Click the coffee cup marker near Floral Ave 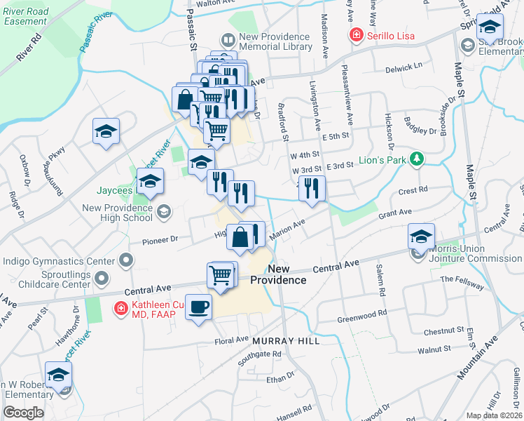pos(198,307)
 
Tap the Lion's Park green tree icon pos(417,159)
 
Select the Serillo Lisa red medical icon pos(356,34)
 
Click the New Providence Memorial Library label pos(275,41)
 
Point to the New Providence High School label pos(117,213)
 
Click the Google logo pos(23,413)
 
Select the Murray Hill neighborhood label pos(286,341)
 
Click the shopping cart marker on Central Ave pos(221,274)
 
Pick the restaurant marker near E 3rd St pos(311,187)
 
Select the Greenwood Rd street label pos(363,314)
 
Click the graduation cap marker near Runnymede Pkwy pos(106,131)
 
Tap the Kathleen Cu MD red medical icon pos(120,307)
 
